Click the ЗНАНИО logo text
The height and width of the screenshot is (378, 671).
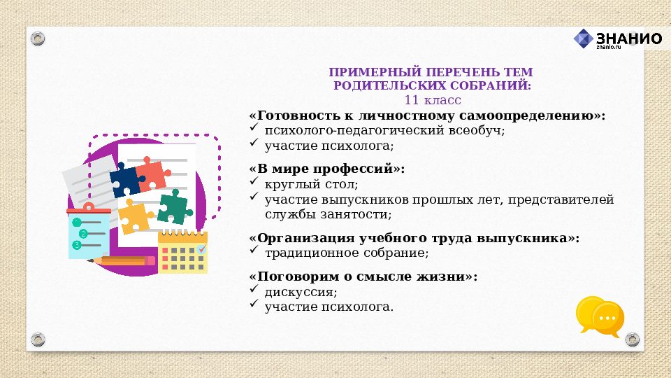pos(628,38)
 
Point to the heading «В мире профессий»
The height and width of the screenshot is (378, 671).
pos(326,169)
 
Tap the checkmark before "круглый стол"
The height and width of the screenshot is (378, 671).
pos(254,183)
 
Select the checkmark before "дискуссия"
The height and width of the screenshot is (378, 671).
pos(254,291)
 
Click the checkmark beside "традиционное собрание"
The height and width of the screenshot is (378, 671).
pos(254,251)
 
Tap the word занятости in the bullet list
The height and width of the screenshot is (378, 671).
pos(356,214)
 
